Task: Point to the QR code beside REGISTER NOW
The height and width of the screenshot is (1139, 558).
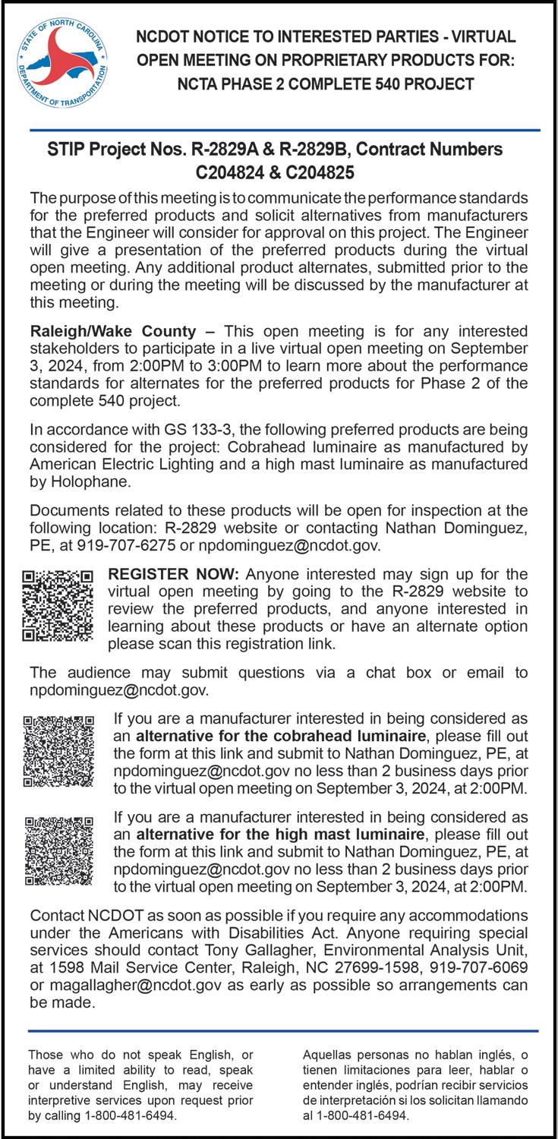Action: click(x=58, y=605)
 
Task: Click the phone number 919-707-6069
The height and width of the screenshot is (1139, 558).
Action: click(x=471, y=968)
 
